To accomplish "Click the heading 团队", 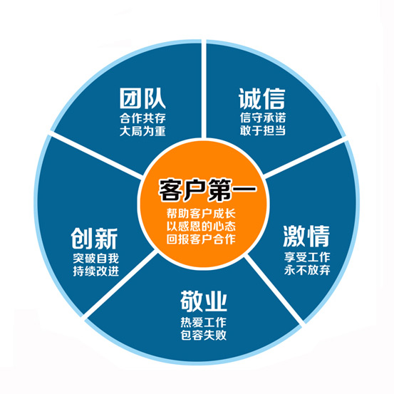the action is click(142, 98).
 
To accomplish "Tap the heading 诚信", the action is click(262, 98).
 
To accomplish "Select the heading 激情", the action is click(306, 237).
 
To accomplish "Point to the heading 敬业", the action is click(204, 301).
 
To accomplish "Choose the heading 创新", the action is click(94, 239).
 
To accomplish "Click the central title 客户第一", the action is click(207, 190).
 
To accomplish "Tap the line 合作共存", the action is click(142, 118).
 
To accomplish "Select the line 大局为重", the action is click(142, 131).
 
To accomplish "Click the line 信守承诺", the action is click(263, 118).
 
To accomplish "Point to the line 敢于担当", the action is click(263, 130).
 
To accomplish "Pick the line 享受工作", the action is click(307, 257).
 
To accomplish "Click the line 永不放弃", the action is click(307, 270).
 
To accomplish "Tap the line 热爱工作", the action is click(204, 322).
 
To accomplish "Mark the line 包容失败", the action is click(204, 335).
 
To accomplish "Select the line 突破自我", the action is click(95, 259).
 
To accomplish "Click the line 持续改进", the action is click(95, 271).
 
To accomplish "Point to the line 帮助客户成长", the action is click(201, 214).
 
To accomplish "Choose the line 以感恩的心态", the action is click(201, 227).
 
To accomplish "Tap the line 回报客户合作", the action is click(201, 239).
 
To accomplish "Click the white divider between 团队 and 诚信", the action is click(204, 89).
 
